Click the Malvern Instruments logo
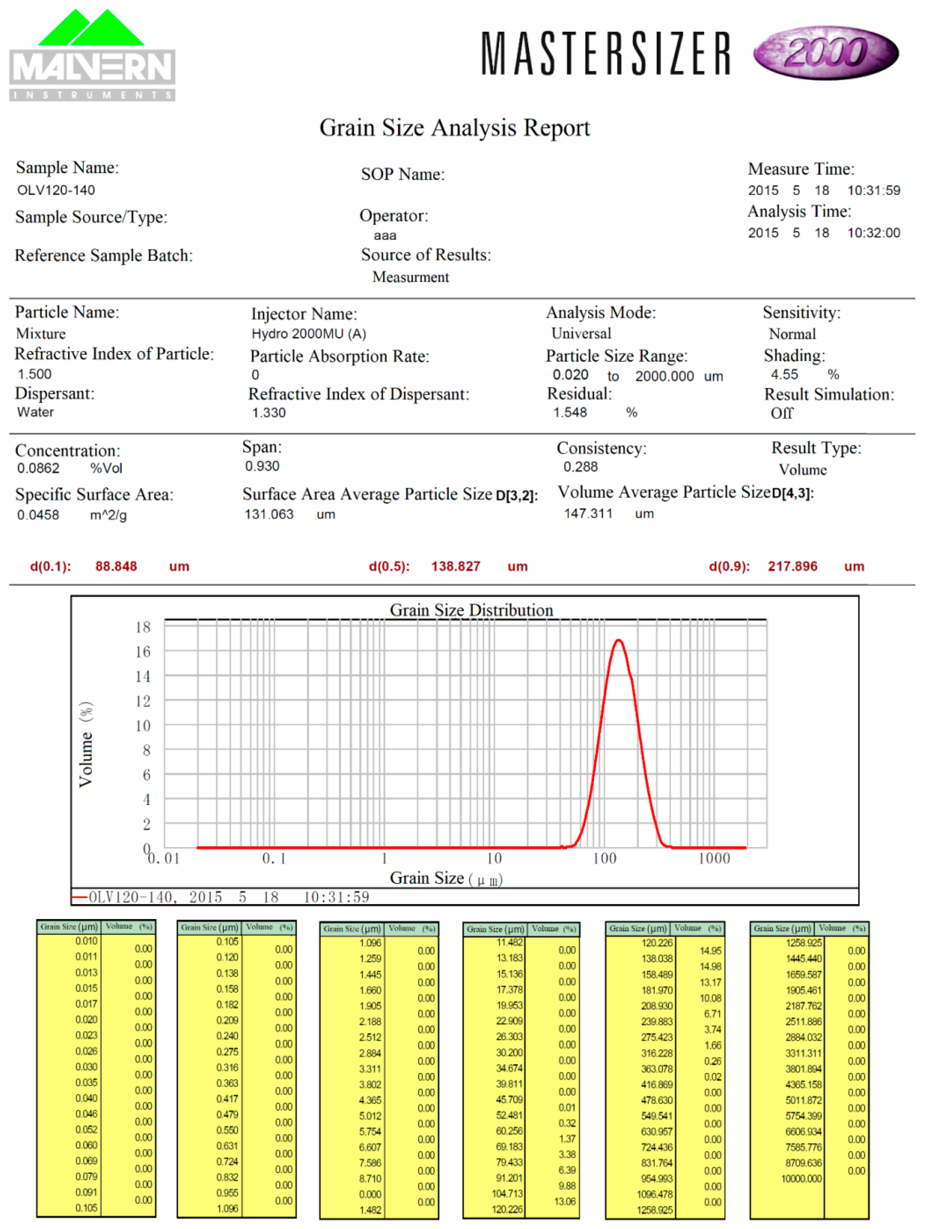[x=92, y=56]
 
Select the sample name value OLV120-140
[x=56, y=190]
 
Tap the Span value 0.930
[x=262, y=466]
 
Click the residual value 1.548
[x=570, y=412]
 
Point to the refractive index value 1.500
[x=34, y=374]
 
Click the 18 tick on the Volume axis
[x=143, y=627]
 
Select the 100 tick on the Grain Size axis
[x=604, y=858]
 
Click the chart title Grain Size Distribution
[x=471, y=610]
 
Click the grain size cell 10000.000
[x=801, y=1179]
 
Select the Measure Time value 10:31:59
[x=873, y=190]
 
